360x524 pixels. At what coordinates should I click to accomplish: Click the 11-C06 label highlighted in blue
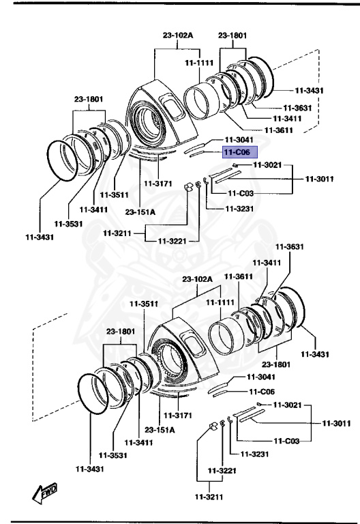tap(236, 153)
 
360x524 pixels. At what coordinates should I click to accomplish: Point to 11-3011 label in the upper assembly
tap(320, 179)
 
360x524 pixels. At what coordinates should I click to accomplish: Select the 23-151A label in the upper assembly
tap(140, 212)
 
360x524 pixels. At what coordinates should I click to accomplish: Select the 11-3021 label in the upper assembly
tap(267, 164)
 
